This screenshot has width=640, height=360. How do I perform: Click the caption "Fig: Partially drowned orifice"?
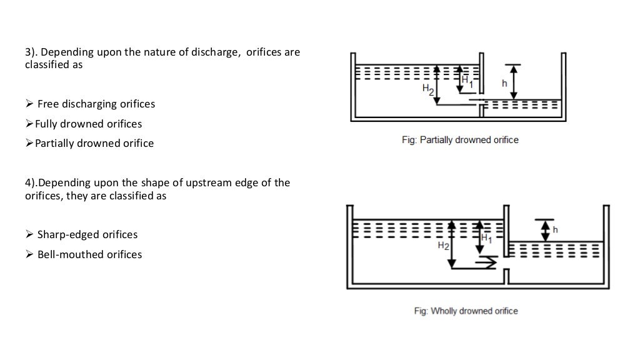459,140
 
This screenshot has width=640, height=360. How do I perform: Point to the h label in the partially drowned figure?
504,82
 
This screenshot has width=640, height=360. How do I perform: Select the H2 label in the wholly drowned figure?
442,246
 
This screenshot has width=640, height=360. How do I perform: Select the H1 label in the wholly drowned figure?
486,237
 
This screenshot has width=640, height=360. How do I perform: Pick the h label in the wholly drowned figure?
556,230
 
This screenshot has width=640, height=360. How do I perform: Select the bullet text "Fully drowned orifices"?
88,124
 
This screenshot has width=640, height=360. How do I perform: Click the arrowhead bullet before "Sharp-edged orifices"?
29,235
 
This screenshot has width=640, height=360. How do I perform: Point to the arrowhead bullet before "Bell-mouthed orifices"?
29,254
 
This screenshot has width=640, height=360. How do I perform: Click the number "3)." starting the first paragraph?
31,52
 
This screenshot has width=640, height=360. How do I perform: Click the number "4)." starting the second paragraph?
31,182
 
